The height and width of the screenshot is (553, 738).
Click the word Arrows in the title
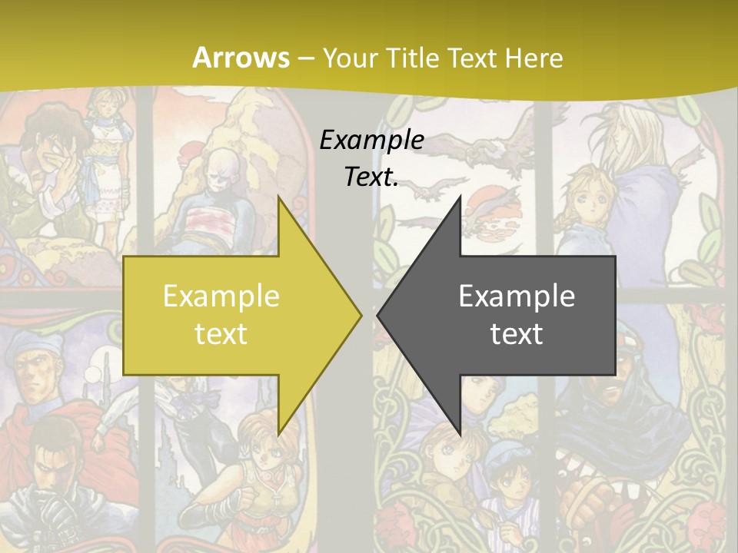[241, 58]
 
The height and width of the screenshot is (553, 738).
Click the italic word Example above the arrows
[372, 141]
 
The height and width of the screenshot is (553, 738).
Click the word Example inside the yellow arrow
[221, 296]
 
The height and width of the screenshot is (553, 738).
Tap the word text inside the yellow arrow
[221, 333]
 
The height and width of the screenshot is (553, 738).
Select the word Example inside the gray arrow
[517, 296]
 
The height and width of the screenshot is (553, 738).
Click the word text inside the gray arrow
[517, 333]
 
